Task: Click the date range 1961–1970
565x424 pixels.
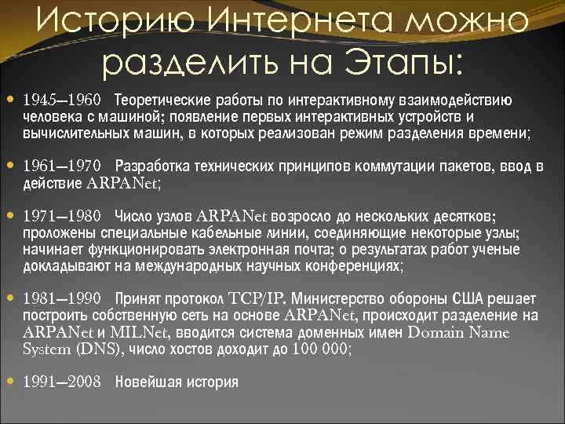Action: (62, 166)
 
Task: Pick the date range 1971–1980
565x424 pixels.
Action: (62, 215)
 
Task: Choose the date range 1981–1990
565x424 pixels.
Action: (62, 298)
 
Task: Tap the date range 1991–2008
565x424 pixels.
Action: (62, 382)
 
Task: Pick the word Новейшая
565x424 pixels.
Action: (144, 382)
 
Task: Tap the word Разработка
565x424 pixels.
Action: (151, 166)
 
